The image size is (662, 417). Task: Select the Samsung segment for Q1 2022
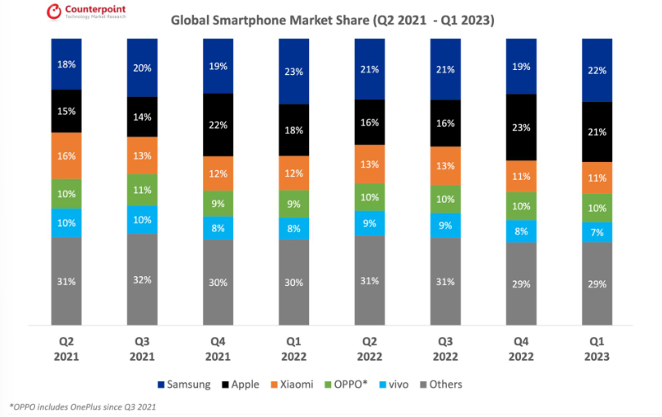pos(293,71)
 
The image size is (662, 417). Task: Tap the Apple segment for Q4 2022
pos(522,127)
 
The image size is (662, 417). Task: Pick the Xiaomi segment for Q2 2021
pos(66,156)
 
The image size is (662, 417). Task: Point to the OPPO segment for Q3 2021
pos(142,190)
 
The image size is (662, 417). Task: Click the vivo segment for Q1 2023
pos(598,232)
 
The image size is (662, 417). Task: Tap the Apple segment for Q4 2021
pos(218,124)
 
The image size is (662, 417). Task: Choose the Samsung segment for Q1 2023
pos(598,70)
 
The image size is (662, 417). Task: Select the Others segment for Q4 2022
pos(522,283)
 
